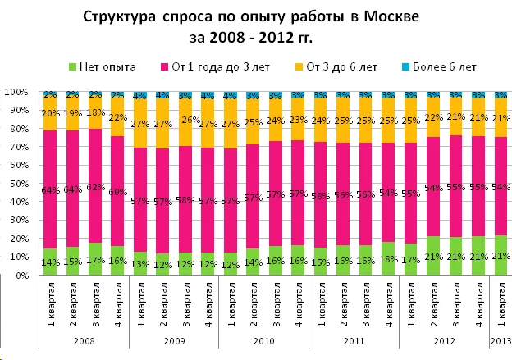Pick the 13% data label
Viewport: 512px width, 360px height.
tap(139, 264)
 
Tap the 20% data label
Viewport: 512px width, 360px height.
tap(50, 113)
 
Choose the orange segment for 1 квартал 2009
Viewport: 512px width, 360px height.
tap(140, 115)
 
